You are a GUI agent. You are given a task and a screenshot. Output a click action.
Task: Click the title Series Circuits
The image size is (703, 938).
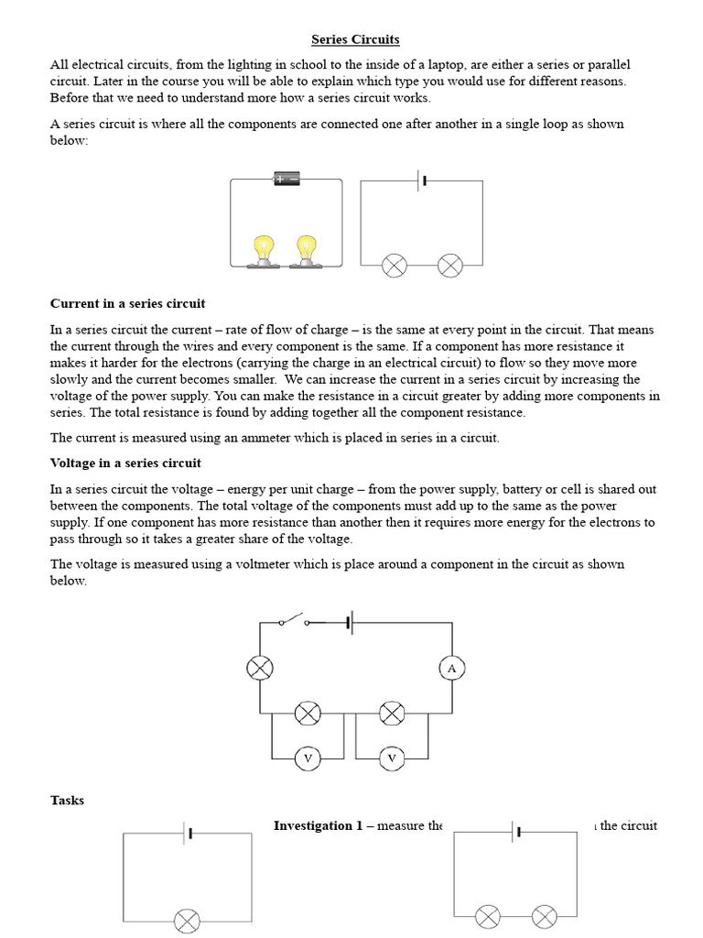tap(355, 39)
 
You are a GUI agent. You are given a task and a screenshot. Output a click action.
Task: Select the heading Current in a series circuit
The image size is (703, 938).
tap(127, 303)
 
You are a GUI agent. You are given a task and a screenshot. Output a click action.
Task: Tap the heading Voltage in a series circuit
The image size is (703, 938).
tap(125, 463)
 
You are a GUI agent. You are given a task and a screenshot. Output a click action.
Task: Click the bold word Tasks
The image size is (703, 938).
tap(67, 800)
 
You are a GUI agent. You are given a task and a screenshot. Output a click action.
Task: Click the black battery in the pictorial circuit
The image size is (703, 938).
tap(287, 180)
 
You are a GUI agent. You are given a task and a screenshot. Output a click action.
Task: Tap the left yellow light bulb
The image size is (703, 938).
tap(264, 249)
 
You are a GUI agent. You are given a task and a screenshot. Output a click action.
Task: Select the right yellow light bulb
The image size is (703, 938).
tap(306, 249)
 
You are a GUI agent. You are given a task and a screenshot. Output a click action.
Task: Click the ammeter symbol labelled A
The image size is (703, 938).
tap(451, 669)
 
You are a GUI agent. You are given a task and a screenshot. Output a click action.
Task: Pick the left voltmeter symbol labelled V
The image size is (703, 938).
tap(308, 758)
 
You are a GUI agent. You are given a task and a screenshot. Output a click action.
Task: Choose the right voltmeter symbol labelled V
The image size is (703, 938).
tap(392, 758)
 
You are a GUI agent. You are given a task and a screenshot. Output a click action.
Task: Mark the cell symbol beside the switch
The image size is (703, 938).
tap(349, 623)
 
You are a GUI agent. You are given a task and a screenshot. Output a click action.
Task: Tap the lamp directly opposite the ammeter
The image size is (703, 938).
tap(261, 669)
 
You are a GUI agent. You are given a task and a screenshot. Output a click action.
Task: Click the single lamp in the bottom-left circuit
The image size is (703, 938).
tap(187, 919)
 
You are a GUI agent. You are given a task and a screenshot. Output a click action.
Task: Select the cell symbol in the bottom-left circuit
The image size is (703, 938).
tap(188, 833)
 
